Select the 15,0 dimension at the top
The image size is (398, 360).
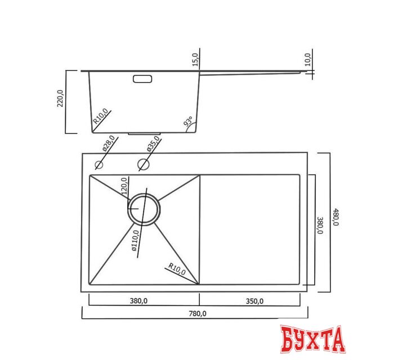[x=195, y=58]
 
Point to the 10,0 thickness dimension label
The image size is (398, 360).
[x=307, y=59]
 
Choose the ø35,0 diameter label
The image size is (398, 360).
[x=152, y=145]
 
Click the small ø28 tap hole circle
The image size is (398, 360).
[x=99, y=165]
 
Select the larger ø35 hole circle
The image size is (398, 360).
[x=143, y=165]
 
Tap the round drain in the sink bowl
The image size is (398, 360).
[x=144, y=209]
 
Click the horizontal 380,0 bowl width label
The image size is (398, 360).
[x=138, y=301]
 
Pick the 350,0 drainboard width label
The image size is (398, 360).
[x=254, y=301]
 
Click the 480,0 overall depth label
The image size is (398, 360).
[x=336, y=217]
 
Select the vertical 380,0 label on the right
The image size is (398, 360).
[x=320, y=224]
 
